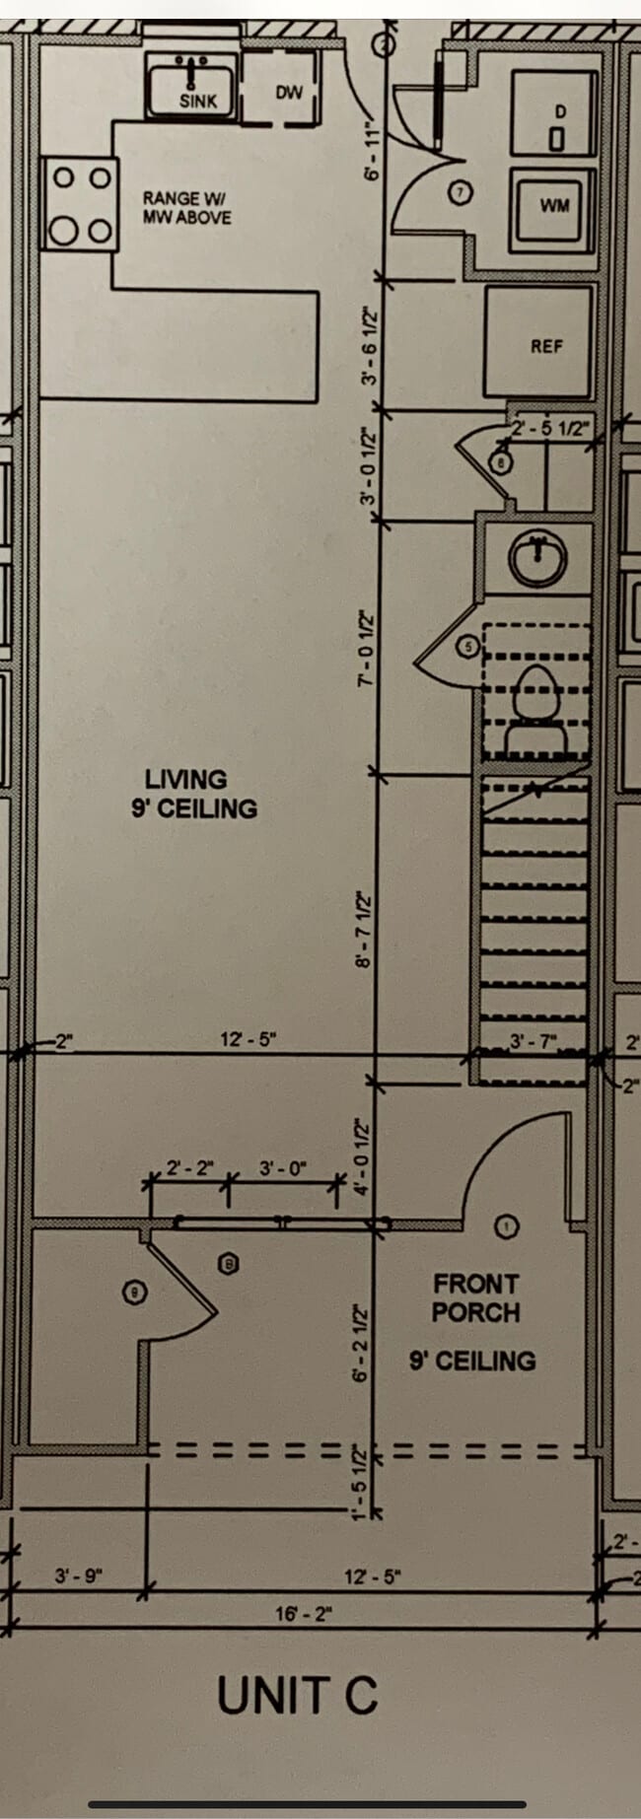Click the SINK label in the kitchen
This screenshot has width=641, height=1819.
(x=198, y=101)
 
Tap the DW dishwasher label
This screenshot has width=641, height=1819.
(x=288, y=93)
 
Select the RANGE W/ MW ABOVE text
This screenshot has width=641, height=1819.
(x=186, y=208)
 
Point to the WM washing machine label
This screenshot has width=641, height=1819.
(x=554, y=206)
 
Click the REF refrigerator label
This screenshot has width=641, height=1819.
(x=546, y=346)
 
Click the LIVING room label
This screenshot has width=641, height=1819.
(x=186, y=779)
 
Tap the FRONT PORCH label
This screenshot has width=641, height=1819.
(x=474, y=1297)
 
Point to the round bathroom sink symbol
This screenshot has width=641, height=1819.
(x=537, y=561)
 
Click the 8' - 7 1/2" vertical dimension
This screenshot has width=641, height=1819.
(x=364, y=930)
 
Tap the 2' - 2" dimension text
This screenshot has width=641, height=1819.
(x=188, y=1168)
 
